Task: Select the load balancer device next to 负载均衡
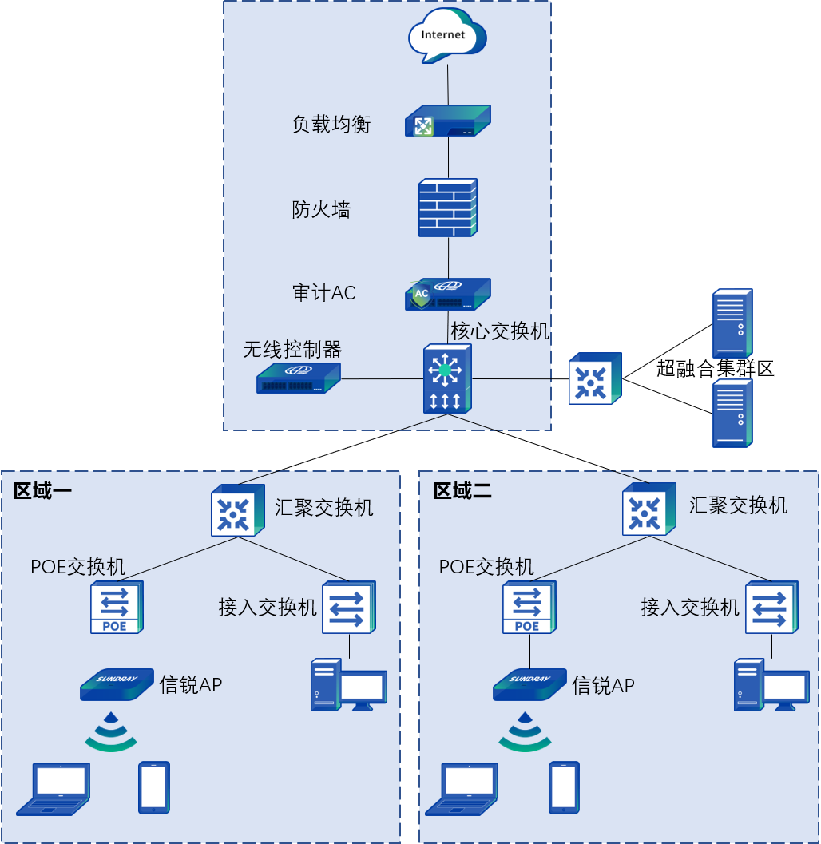pyautogui.click(x=447, y=122)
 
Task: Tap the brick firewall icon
pyautogui.click(x=448, y=208)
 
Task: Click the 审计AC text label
pyautogui.click(x=324, y=293)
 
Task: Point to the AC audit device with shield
pyautogui.click(x=447, y=294)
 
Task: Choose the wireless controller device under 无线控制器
pyautogui.click(x=299, y=378)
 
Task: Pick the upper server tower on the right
pyautogui.click(x=732, y=323)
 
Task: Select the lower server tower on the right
pyautogui.click(x=732, y=413)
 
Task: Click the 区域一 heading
pyautogui.click(x=42, y=491)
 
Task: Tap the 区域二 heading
pyautogui.click(x=462, y=491)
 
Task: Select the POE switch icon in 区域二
pyautogui.click(x=529, y=608)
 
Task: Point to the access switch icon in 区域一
pyautogui.click(x=349, y=607)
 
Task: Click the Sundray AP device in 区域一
pyautogui.click(x=117, y=684)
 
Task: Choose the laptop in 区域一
pyautogui.click(x=54, y=788)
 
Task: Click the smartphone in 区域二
pyautogui.click(x=564, y=787)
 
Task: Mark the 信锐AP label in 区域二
pyautogui.click(x=603, y=685)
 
